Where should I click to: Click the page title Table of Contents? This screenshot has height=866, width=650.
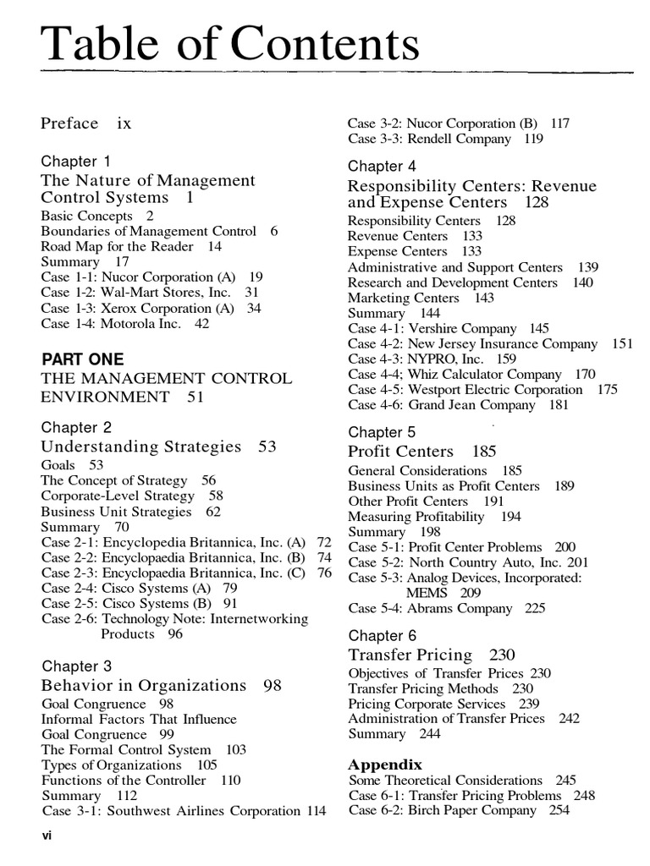(230, 45)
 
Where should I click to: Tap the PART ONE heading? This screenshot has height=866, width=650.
(82, 359)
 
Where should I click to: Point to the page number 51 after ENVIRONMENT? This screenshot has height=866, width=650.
(196, 397)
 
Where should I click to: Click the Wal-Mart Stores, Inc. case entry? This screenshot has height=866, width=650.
(149, 293)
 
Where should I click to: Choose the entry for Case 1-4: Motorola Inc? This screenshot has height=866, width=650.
(124, 323)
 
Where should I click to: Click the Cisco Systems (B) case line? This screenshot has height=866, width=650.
(139, 604)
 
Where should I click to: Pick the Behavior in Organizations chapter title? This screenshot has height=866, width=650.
(144, 685)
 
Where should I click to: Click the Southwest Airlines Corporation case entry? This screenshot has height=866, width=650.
(183, 811)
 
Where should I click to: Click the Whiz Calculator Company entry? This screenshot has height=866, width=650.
(471, 374)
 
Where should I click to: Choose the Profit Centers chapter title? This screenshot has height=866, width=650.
(400, 452)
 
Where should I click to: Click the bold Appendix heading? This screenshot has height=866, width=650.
(385, 764)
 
